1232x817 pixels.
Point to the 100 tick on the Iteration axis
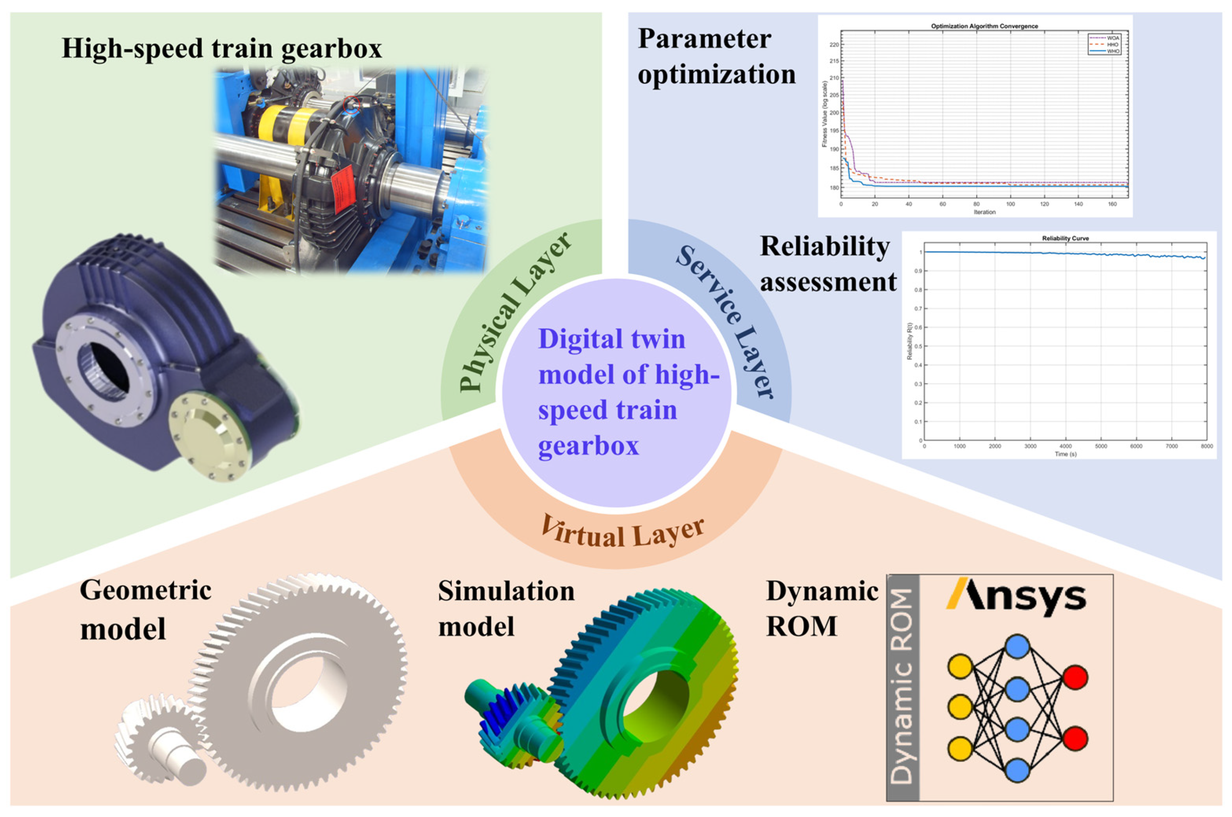[x=1010, y=204]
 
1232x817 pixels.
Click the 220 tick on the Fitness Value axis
[x=835, y=45]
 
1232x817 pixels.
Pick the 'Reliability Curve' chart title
[x=1065, y=238]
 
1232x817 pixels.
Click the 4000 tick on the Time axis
[x=1065, y=446]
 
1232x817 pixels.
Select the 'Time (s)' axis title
[x=1065, y=454]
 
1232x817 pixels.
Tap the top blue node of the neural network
[x=1017, y=647]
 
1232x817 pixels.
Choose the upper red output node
[x=1075, y=677]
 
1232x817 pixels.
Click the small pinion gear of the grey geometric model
[x=156, y=735]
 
